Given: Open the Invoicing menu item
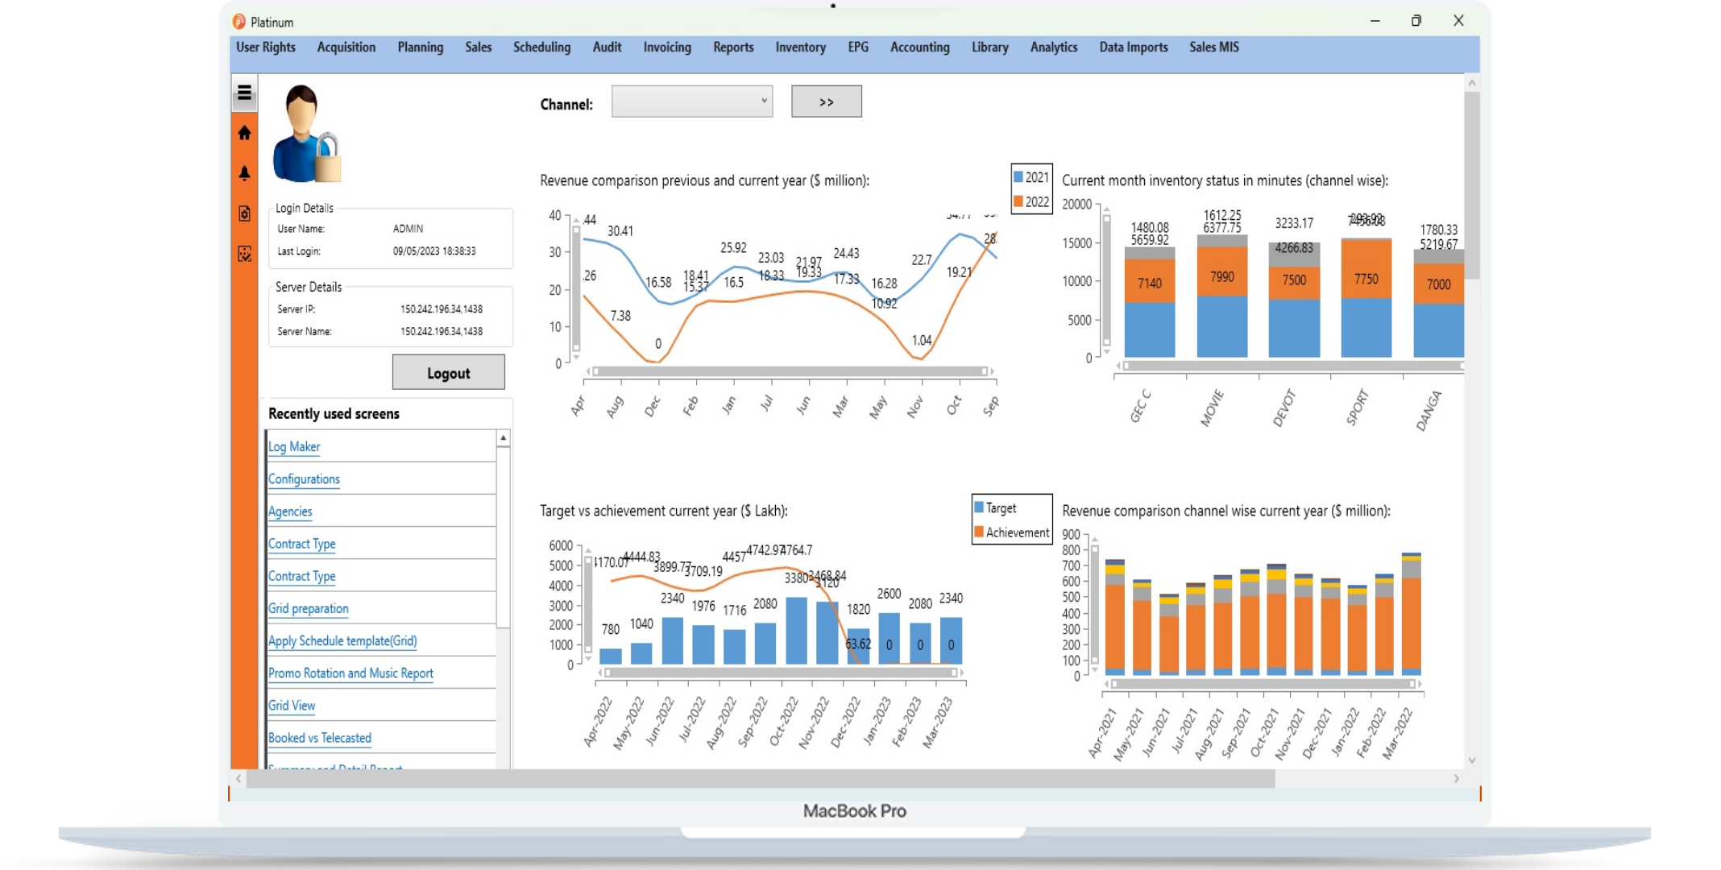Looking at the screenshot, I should coord(666,48).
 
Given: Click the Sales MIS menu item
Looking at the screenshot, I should coord(1213,48).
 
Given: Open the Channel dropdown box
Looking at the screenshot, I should coord(691,101).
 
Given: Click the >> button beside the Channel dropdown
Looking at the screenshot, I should coord(826,101).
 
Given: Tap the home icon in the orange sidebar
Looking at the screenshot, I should coord(245,133).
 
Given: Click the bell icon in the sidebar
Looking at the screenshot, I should coord(245,173).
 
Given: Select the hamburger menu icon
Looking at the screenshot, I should coord(245,93).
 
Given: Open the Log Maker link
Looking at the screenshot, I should coord(294,447).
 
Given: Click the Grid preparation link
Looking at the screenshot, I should coord(308,609).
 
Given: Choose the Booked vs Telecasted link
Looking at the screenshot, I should coord(319,738).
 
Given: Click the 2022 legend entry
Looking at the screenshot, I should coord(1031,201).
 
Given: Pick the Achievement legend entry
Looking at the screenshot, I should coord(1012,532).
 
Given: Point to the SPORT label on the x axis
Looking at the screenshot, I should coord(1358,407).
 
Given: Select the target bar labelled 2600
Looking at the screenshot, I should coord(889,638).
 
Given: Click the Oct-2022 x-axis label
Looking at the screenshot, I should coord(784,721).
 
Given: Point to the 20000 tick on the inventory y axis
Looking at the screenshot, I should coord(1076,205).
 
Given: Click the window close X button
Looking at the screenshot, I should coord(1458,21).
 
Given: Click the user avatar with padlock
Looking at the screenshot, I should coord(305,134).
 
